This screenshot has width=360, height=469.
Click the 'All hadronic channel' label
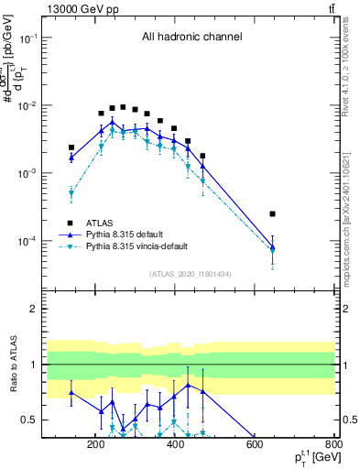point(191,38)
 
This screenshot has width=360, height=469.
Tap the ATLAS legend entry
point(101,222)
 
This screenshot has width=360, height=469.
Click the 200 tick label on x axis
point(95,445)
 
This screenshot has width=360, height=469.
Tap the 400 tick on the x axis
point(174,445)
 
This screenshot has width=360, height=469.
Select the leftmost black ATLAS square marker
point(71,147)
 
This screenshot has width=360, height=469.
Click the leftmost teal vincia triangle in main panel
point(71,193)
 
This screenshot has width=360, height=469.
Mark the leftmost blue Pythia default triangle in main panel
point(71,158)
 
